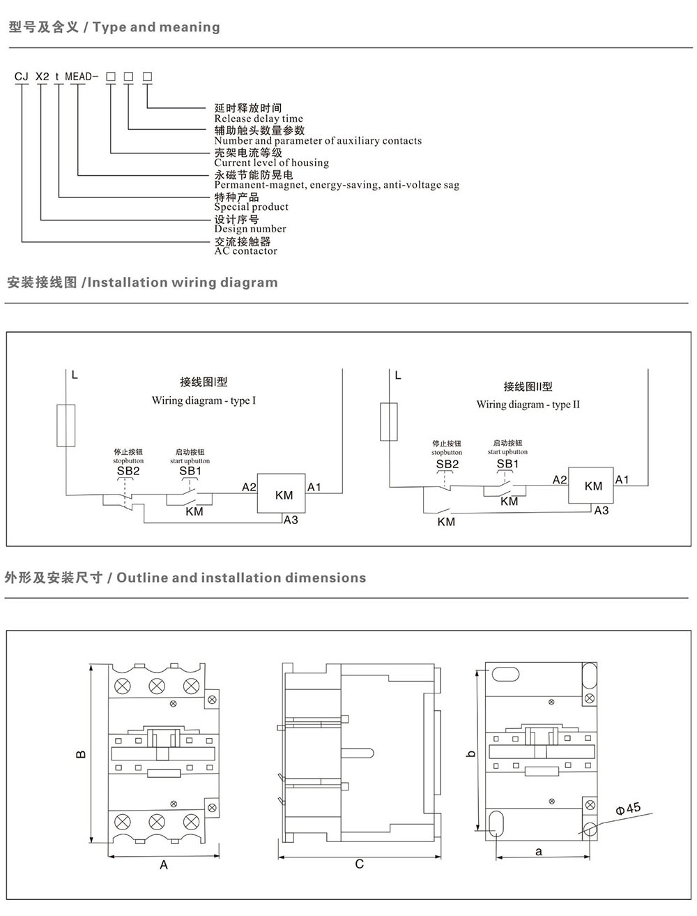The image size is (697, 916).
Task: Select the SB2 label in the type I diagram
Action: (128, 471)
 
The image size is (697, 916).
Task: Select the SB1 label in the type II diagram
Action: (507, 464)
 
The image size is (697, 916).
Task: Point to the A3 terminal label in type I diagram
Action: (291, 520)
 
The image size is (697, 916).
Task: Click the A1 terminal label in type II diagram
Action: (622, 479)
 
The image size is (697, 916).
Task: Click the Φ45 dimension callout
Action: (628, 809)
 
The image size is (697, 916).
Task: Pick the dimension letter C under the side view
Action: (360, 864)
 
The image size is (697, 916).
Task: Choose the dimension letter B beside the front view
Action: (82, 754)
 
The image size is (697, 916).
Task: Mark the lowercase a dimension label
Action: (539, 851)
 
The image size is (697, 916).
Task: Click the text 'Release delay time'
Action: (259, 119)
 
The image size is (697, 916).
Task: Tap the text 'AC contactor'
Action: (245, 251)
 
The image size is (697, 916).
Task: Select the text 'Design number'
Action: (250, 229)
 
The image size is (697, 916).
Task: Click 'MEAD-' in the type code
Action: (82, 76)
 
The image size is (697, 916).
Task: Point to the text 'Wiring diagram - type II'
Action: (528, 405)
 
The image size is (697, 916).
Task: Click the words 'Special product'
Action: (251, 207)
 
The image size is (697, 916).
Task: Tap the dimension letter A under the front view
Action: (163, 864)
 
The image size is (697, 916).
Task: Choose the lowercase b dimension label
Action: (471, 753)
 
